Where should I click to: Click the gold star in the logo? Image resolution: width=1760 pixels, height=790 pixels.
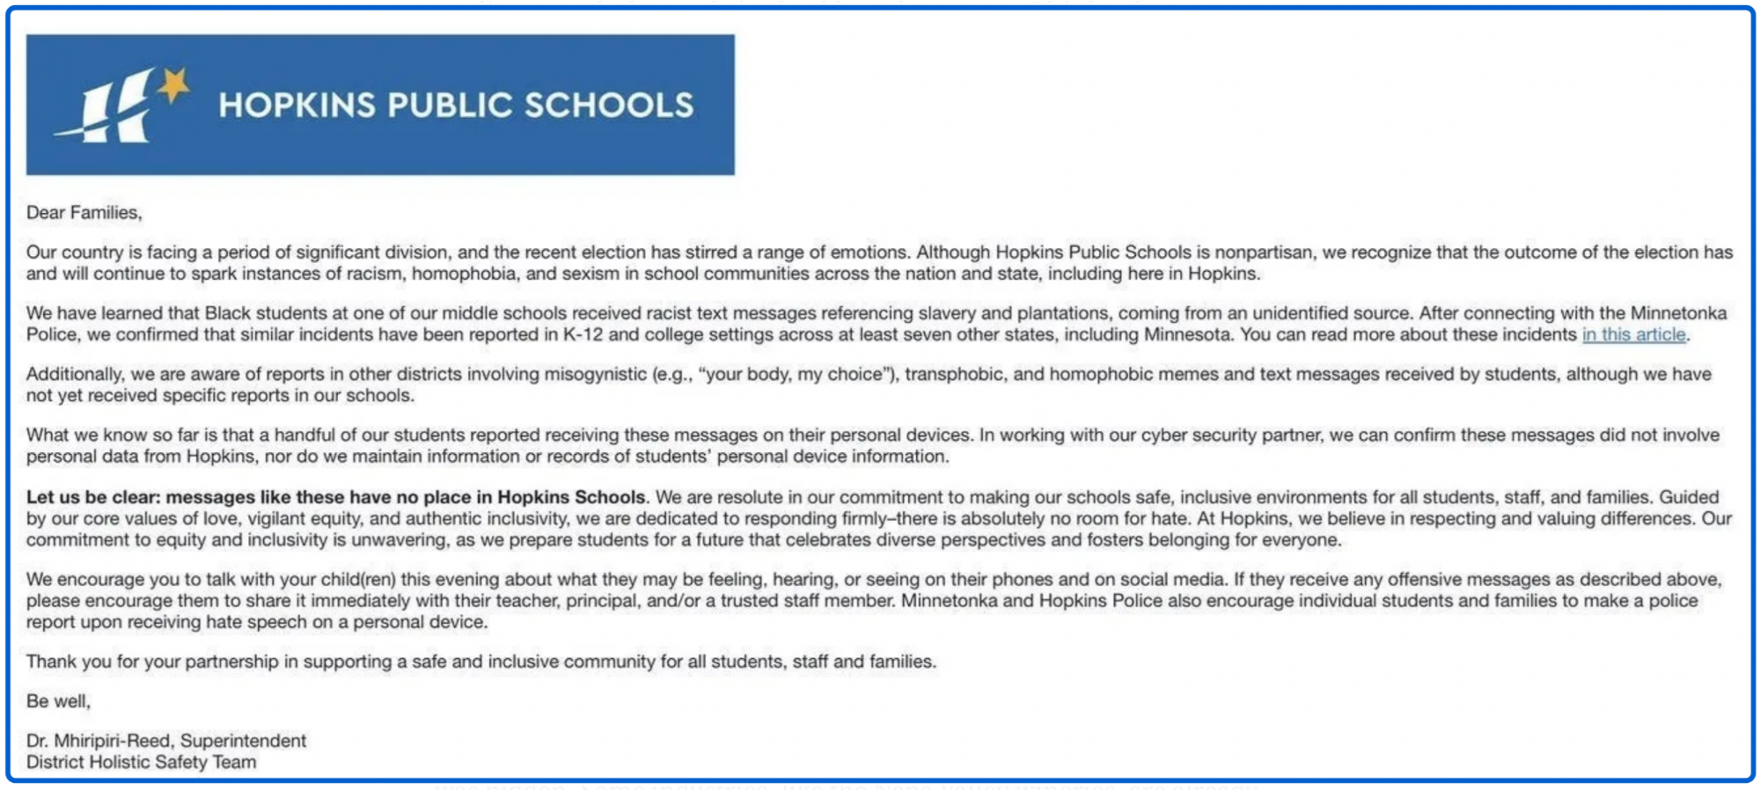click(x=174, y=86)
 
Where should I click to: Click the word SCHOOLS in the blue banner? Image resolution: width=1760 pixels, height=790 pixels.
click(x=609, y=106)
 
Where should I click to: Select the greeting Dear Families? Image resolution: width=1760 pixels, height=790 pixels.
click(x=84, y=213)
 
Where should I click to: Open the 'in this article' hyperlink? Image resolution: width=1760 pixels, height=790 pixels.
click(x=1633, y=335)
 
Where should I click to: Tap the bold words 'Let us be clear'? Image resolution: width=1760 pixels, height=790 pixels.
click(x=92, y=497)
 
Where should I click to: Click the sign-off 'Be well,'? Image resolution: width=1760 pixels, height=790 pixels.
click(x=58, y=701)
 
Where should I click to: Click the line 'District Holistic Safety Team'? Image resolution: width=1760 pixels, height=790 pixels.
click(x=141, y=763)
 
